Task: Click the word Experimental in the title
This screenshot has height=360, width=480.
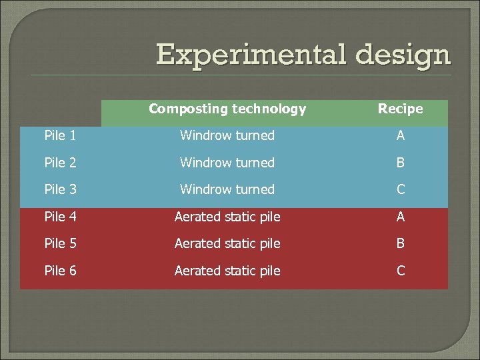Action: pyautogui.click(x=251, y=55)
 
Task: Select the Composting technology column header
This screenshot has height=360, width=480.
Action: pyautogui.click(x=227, y=109)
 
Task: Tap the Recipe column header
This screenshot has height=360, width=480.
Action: pyautogui.click(x=400, y=109)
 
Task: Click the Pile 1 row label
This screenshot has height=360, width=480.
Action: pyautogui.click(x=60, y=135)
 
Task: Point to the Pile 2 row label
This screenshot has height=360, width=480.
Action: pyautogui.click(x=60, y=163)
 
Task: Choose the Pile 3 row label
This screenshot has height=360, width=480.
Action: pyautogui.click(x=60, y=189)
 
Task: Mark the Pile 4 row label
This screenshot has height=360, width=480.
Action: pyautogui.click(x=60, y=217)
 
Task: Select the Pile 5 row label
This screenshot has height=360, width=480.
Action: pyautogui.click(x=60, y=243)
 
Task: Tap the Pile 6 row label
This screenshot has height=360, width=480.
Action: pyautogui.click(x=60, y=271)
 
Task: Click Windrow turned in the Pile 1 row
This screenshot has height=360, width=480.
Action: pyautogui.click(x=227, y=135)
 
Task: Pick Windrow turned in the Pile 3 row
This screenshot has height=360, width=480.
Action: pyautogui.click(x=227, y=189)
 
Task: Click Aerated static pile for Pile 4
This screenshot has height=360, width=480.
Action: pyautogui.click(x=227, y=217)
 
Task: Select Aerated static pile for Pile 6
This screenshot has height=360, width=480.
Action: pyautogui.click(x=227, y=271)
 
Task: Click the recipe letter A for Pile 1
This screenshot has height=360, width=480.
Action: pyautogui.click(x=401, y=135)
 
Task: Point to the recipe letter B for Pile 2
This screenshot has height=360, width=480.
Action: pyautogui.click(x=401, y=163)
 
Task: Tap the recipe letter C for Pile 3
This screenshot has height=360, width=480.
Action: pyautogui.click(x=401, y=189)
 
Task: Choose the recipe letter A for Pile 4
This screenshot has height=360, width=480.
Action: pyautogui.click(x=401, y=217)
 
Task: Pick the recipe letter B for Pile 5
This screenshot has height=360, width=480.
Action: pyautogui.click(x=401, y=243)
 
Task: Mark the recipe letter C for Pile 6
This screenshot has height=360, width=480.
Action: pyautogui.click(x=401, y=271)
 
